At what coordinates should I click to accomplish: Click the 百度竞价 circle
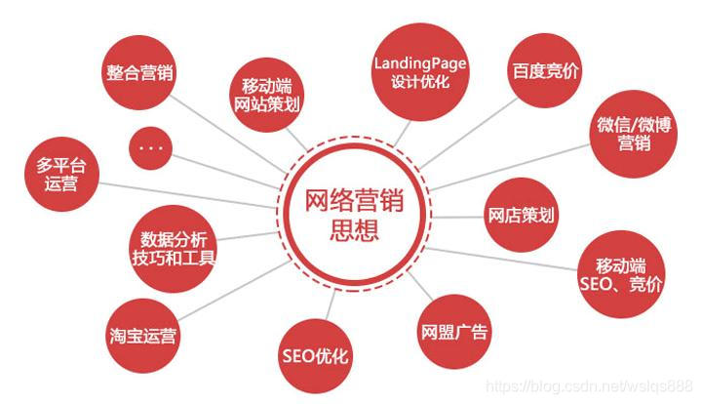544,74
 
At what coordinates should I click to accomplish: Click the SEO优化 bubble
314,354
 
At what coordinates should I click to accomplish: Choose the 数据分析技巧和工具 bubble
173,249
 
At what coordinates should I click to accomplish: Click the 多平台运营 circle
63,175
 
